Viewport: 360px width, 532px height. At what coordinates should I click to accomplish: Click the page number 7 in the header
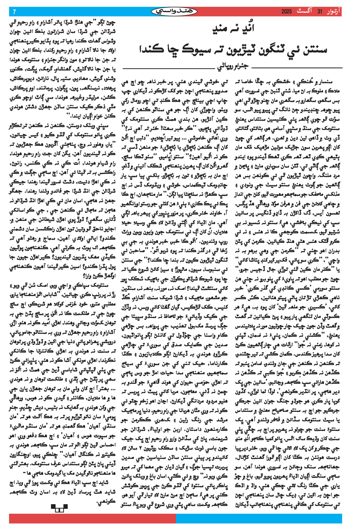pyautogui.click(x=14, y=12)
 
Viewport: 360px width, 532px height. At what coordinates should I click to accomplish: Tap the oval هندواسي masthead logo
pyautogui.click(x=175, y=12)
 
